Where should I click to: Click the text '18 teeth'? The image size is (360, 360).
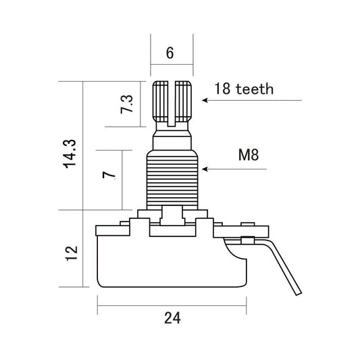[244, 88]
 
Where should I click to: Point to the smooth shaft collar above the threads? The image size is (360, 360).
[172, 140]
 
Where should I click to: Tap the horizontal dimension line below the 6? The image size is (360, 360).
[172, 66]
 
